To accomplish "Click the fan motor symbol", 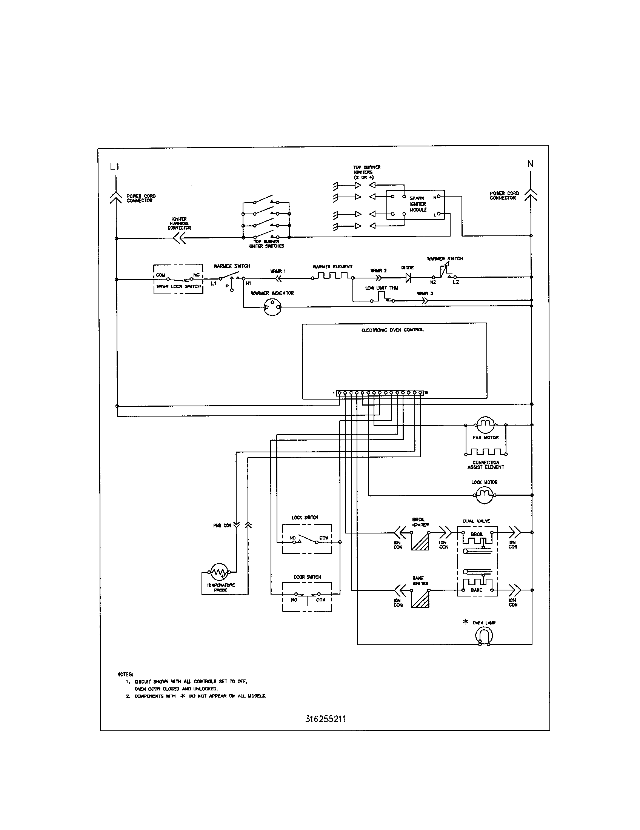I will point(485,424).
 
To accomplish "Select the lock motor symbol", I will point(484,495).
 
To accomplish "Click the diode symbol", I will point(408,278).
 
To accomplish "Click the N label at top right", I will point(531,164).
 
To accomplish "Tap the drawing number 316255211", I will point(325,719).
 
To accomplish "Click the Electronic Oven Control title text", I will point(392,330).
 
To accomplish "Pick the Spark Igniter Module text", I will point(418,204).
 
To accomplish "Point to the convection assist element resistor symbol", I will point(486,452).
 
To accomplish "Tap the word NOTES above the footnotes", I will point(125,675).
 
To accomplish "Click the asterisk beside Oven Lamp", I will point(466,622).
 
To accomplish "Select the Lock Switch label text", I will point(305,518).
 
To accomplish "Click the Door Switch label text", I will point(307,577).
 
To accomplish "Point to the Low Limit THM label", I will point(382,288).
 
